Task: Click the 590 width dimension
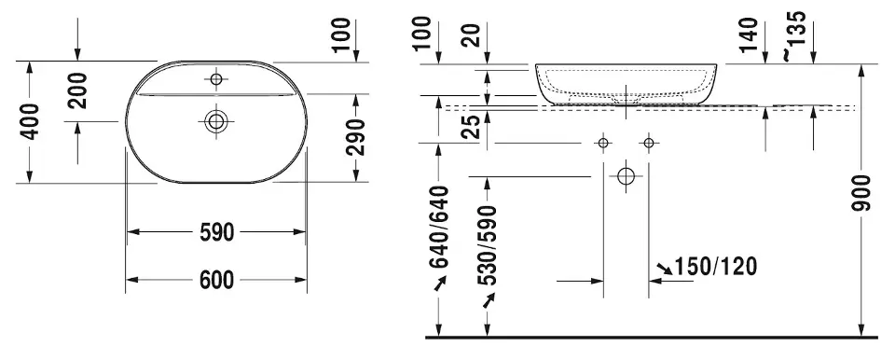coord(216,232)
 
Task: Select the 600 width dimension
coord(216,280)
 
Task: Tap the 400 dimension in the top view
coord(30,122)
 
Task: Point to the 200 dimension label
coord(77,90)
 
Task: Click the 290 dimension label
coord(355,137)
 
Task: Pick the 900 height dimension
coord(861,194)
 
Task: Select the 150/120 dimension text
coord(716,267)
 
